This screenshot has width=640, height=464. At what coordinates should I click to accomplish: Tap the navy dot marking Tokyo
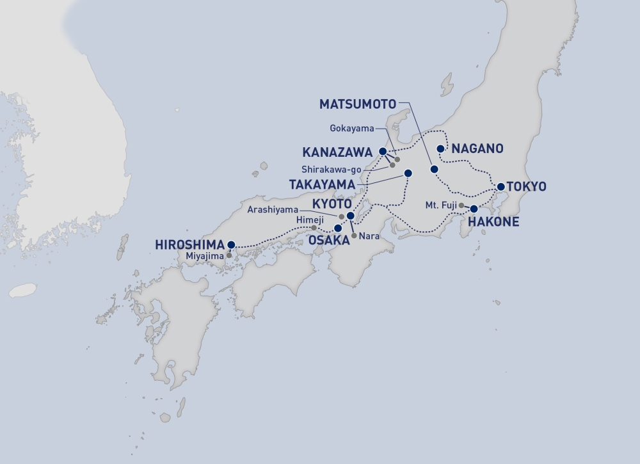pyautogui.click(x=501, y=187)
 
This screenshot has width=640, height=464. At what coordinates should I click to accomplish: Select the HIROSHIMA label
pyautogui.click(x=190, y=244)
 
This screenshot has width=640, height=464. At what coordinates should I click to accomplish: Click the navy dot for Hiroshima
pyautogui.click(x=231, y=244)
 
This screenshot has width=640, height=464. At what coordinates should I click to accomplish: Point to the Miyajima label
pyautogui.click(x=204, y=256)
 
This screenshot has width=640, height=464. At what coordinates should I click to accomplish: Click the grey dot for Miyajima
pyautogui.click(x=229, y=255)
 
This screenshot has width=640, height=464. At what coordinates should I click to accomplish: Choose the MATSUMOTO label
pyautogui.click(x=357, y=103)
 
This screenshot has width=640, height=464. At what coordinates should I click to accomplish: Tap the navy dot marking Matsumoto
pyautogui.click(x=434, y=169)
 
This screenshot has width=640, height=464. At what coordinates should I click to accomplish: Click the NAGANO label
pyautogui.click(x=477, y=148)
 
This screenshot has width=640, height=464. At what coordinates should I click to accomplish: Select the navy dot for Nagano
pyautogui.click(x=440, y=148)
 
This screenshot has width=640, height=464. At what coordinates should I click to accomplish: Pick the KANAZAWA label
pyautogui.click(x=337, y=152)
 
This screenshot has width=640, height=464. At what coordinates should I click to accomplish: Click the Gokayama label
pyautogui.click(x=351, y=128)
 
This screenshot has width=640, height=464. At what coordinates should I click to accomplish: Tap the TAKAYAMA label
pyautogui.click(x=321, y=184)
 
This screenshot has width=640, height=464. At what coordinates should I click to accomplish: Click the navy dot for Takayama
pyautogui.click(x=408, y=173)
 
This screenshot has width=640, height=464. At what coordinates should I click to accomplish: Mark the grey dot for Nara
pyautogui.click(x=354, y=236)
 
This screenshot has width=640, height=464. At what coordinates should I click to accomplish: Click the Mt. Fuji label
pyautogui.click(x=440, y=205)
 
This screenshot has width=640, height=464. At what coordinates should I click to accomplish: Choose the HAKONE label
pyautogui.click(x=493, y=223)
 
